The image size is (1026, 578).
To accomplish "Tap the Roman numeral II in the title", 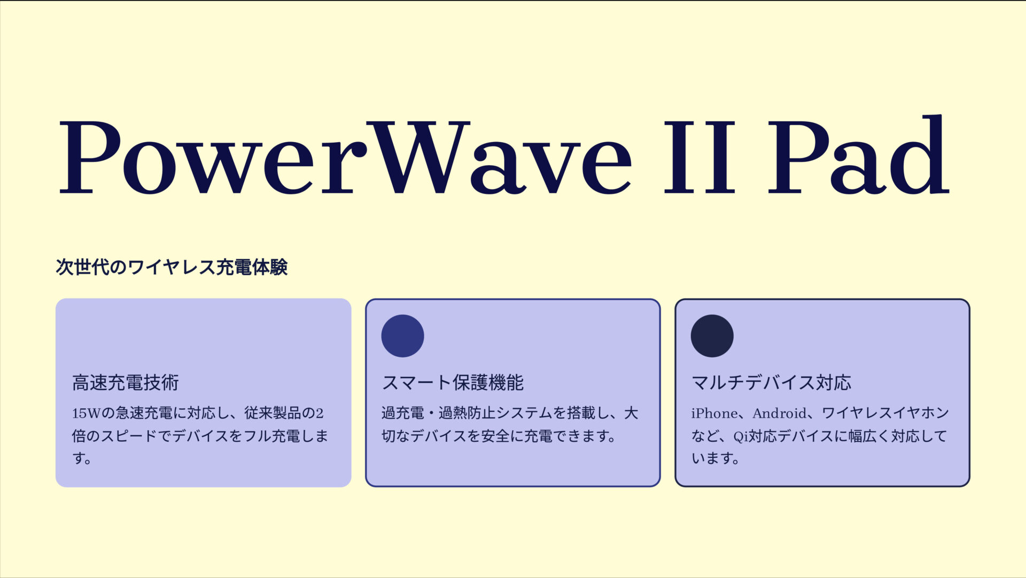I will click(x=699, y=158).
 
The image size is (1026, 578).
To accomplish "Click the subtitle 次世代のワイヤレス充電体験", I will click(x=172, y=267).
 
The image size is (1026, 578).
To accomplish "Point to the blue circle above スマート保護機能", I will click(x=402, y=336).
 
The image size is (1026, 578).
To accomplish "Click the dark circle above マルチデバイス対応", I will click(x=712, y=336).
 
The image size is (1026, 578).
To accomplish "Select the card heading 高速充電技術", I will click(x=126, y=382).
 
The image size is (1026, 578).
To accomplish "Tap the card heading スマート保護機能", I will click(x=453, y=382).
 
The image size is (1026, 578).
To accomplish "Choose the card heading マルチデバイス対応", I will click(x=771, y=382).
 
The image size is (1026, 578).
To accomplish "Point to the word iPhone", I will click(x=714, y=413).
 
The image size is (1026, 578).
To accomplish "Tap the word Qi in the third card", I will click(x=740, y=436).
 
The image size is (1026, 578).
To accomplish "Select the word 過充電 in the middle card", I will click(x=402, y=413).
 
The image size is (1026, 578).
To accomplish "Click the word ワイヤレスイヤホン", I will click(x=885, y=413).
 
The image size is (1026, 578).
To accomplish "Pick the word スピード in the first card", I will click(x=129, y=436).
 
